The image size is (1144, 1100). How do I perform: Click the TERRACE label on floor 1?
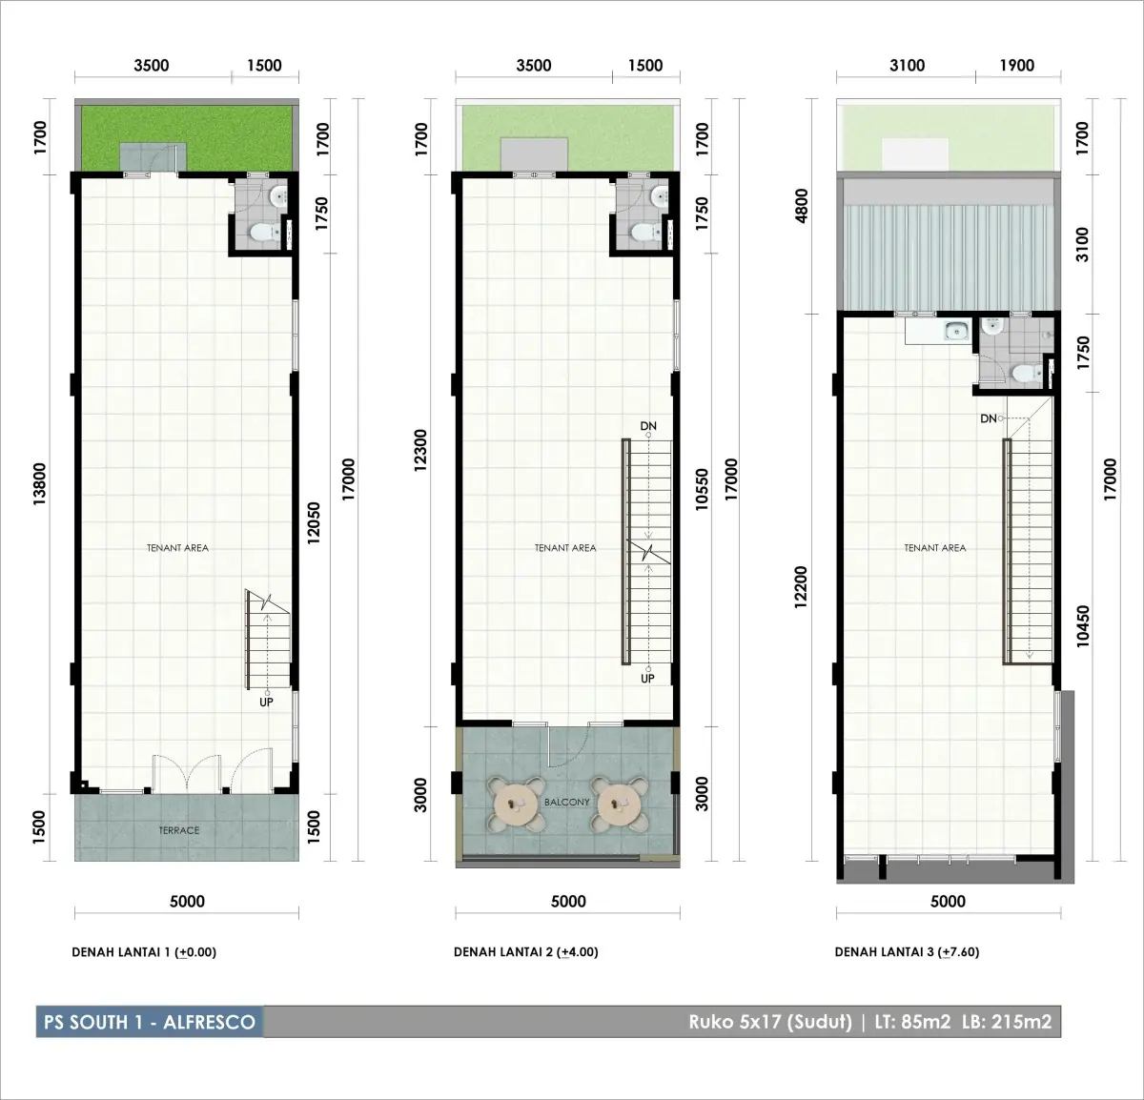point(178,830)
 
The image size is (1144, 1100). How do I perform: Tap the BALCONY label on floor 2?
point(566,802)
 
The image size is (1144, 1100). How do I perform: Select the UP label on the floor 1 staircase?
point(266,702)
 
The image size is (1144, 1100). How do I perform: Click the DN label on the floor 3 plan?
point(989,418)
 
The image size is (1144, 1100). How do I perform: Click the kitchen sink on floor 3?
point(957,331)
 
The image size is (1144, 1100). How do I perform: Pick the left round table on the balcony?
point(516,804)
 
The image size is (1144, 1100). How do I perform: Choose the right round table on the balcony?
point(619,804)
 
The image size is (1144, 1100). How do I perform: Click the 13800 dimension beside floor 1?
point(39,484)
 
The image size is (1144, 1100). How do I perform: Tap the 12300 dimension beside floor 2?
point(420,450)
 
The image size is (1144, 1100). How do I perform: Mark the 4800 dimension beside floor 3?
point(801,206)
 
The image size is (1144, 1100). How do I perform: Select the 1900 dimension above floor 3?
point(1017,65)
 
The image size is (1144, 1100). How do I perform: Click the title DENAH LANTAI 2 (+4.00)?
point(525,952)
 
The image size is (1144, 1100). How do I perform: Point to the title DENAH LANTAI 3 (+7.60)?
point(907,952)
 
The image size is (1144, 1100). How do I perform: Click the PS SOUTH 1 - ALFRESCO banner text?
point(150,1021)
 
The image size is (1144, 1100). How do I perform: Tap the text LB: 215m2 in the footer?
point(1007,1022)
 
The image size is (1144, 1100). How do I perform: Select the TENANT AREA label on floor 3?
point(934,548)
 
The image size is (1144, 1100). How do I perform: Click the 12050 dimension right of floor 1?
point(314,522)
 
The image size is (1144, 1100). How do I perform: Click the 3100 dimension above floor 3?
point(907,65)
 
